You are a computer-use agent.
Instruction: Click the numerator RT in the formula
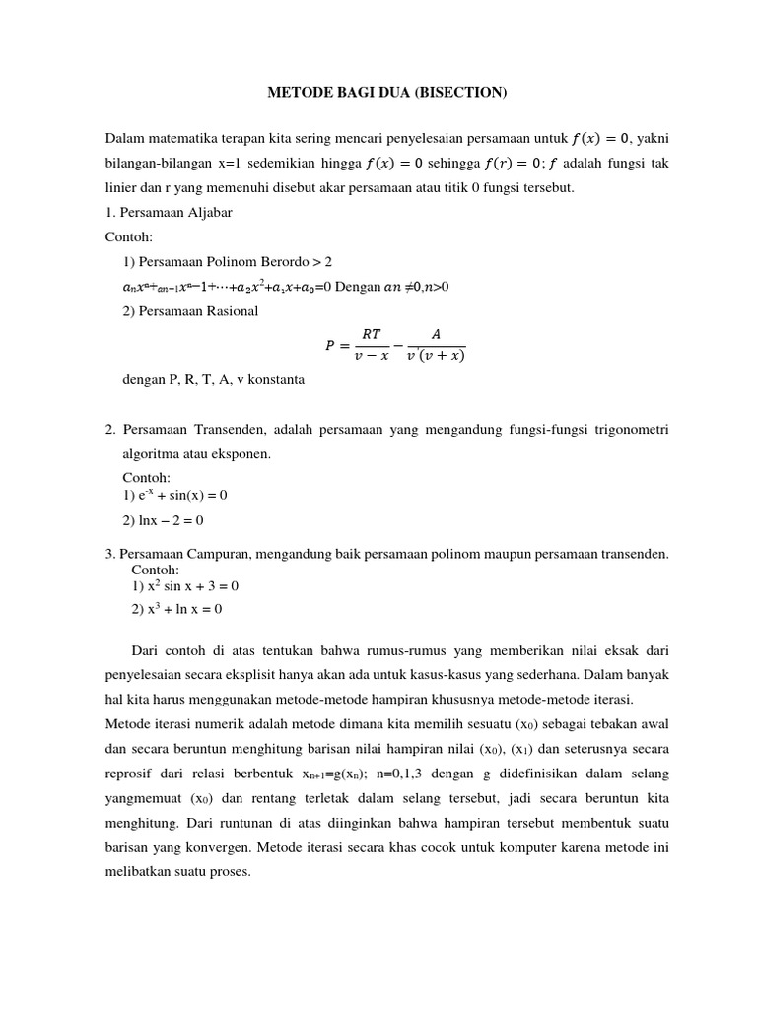click(x=371, y=334)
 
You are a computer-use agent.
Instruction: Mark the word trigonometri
click(x=630, y=429)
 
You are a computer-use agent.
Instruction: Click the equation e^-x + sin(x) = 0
click(x=175, y=495)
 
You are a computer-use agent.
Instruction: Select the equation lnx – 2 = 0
click(x=164, y=519)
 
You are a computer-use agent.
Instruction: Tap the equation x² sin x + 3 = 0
click(x=185, y=585)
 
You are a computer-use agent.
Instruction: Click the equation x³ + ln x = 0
click(x=177, y=609)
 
